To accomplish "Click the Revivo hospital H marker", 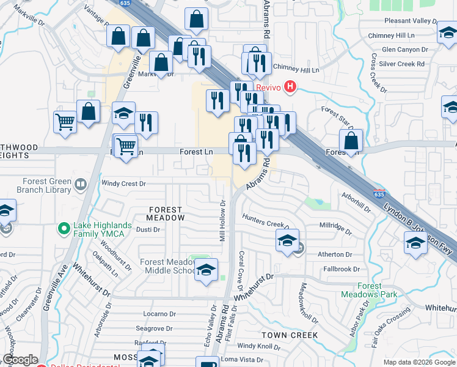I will [291, 87].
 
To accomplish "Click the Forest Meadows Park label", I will [369, 290].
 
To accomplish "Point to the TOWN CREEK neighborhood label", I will [290, 335].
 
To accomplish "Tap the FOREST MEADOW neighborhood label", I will [166, 213].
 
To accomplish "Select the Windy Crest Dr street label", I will [124, 183].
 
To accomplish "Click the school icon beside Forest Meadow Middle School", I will [207, 270].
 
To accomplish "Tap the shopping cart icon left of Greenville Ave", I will [64, 121].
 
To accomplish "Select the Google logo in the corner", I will [21, 360].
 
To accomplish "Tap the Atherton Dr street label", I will [335, 254].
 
